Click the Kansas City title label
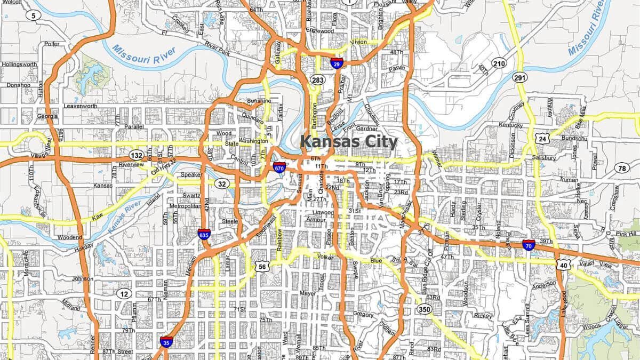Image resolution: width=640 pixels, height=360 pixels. pos(349,142)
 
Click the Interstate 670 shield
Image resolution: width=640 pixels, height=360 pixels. pos(278,168)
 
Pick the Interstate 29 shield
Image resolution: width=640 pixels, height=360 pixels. pos(336,63)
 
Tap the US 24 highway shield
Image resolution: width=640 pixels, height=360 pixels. pos(543,139)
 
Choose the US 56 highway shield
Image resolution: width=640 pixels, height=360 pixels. pos(261,267)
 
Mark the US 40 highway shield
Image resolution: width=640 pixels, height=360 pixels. pos(564,265)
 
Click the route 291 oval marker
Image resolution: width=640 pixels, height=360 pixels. pos(521,78)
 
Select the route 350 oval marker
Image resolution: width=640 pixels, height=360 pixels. pos(425,309)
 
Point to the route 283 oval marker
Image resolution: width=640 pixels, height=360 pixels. pos(318,81)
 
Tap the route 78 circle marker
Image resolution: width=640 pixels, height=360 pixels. pos(621,169)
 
